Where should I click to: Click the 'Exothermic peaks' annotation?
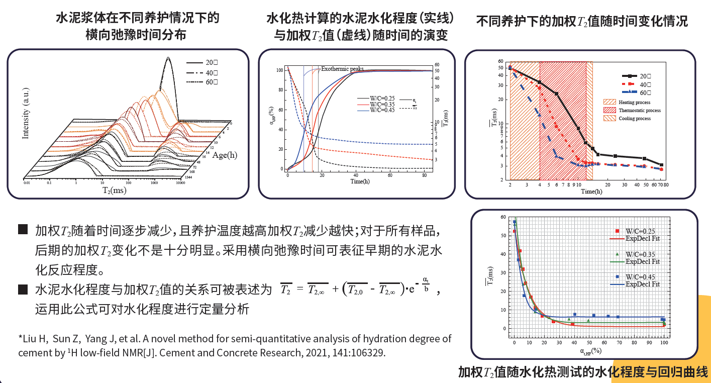(x=342, y=69)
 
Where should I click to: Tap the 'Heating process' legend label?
(x=634, y=102)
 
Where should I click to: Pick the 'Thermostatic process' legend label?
(x=639, y=110)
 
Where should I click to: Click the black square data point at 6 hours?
(x=556, y=94)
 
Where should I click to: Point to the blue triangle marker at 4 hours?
(x=540, y=115)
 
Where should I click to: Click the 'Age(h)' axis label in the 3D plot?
(x=225, y=155)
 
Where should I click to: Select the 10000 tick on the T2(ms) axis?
(x=181, y=184)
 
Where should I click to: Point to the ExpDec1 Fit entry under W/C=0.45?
(x=642, y=284)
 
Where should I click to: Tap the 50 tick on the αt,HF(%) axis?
(x=589, y=342)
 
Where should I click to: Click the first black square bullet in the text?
(x=23, y=230)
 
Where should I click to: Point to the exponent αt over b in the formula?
(x=426, y=284)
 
